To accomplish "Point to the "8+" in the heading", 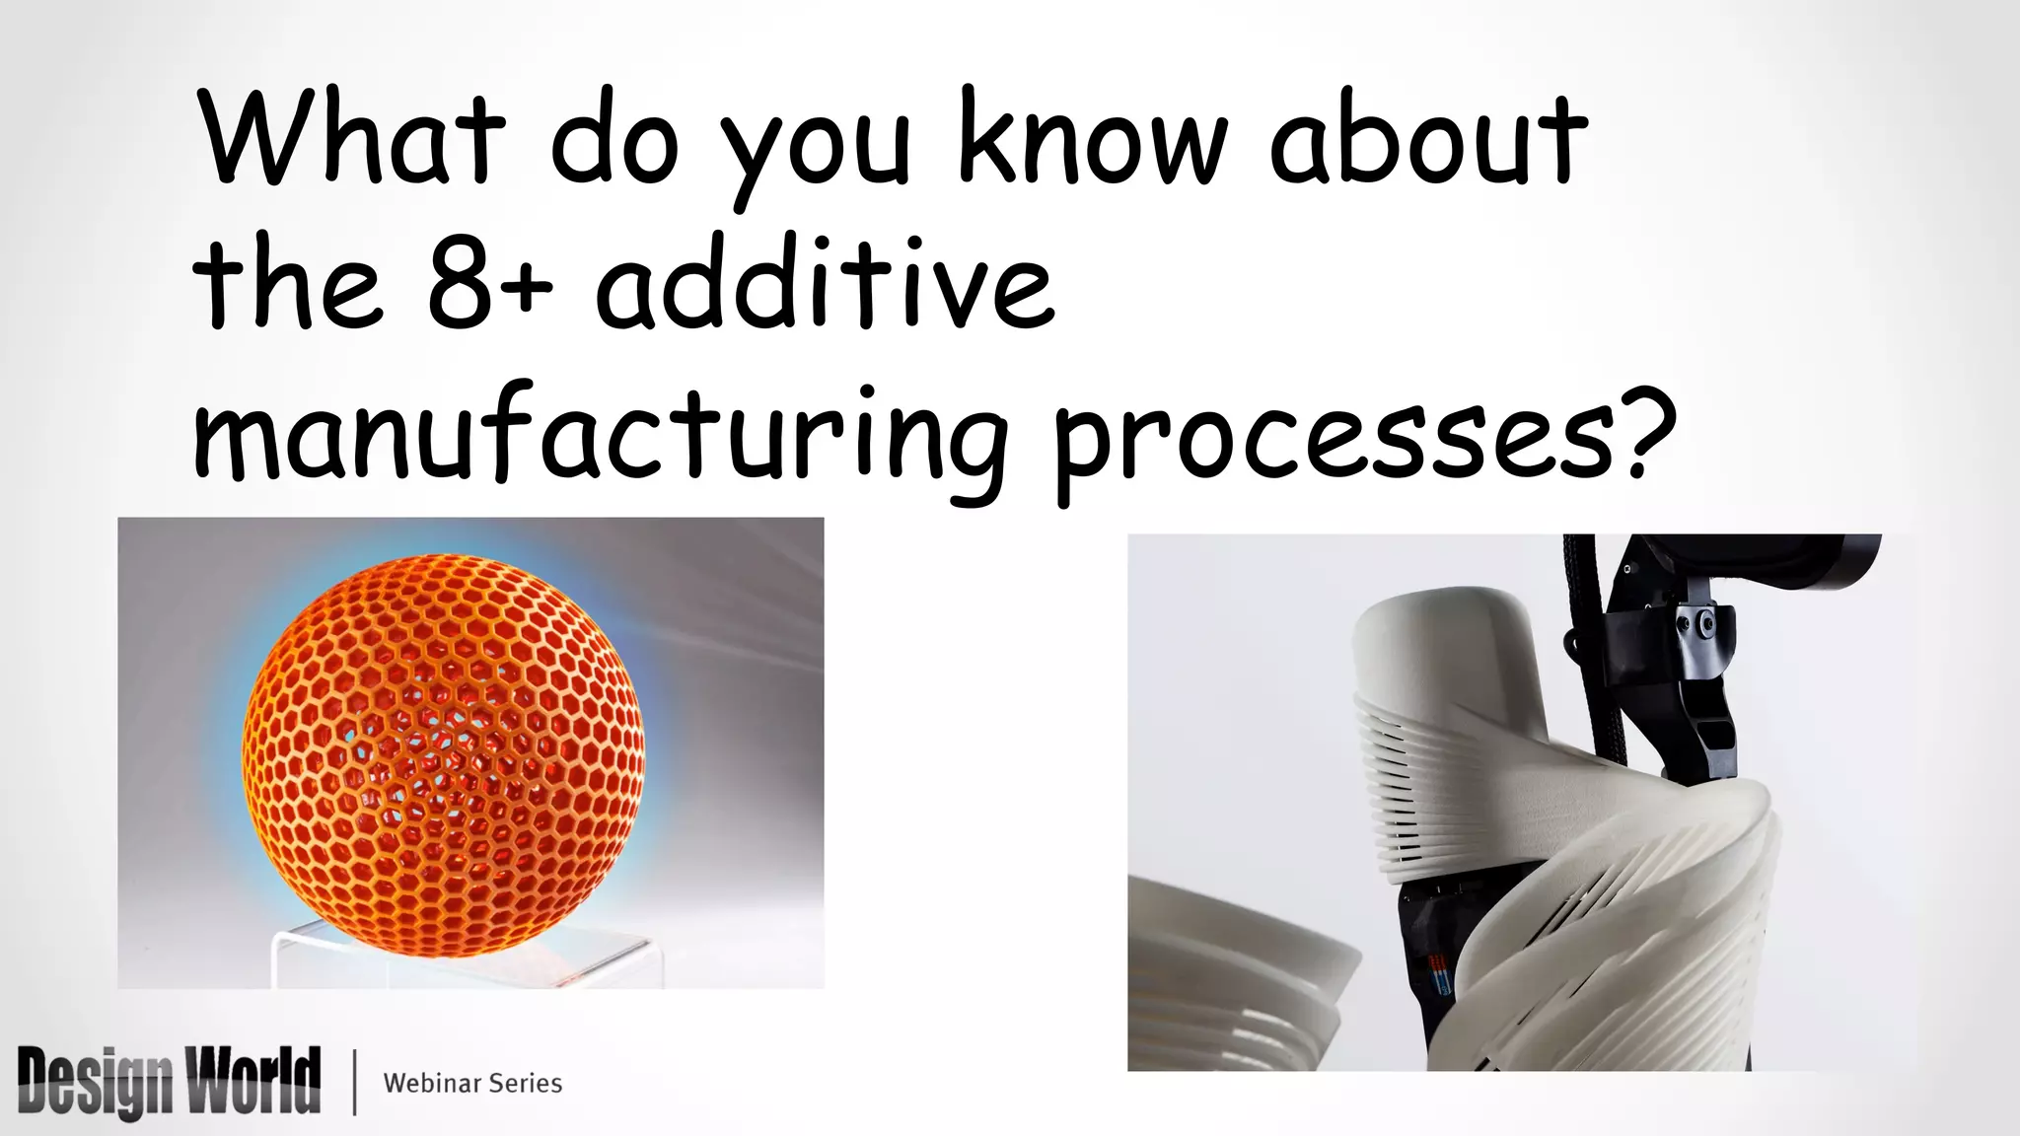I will [x=490, y=285].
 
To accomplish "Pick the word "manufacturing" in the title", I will [x=600, y=434].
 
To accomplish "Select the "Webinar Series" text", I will [x=472, y=1083].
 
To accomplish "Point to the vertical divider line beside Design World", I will [x=354, y=1082].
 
